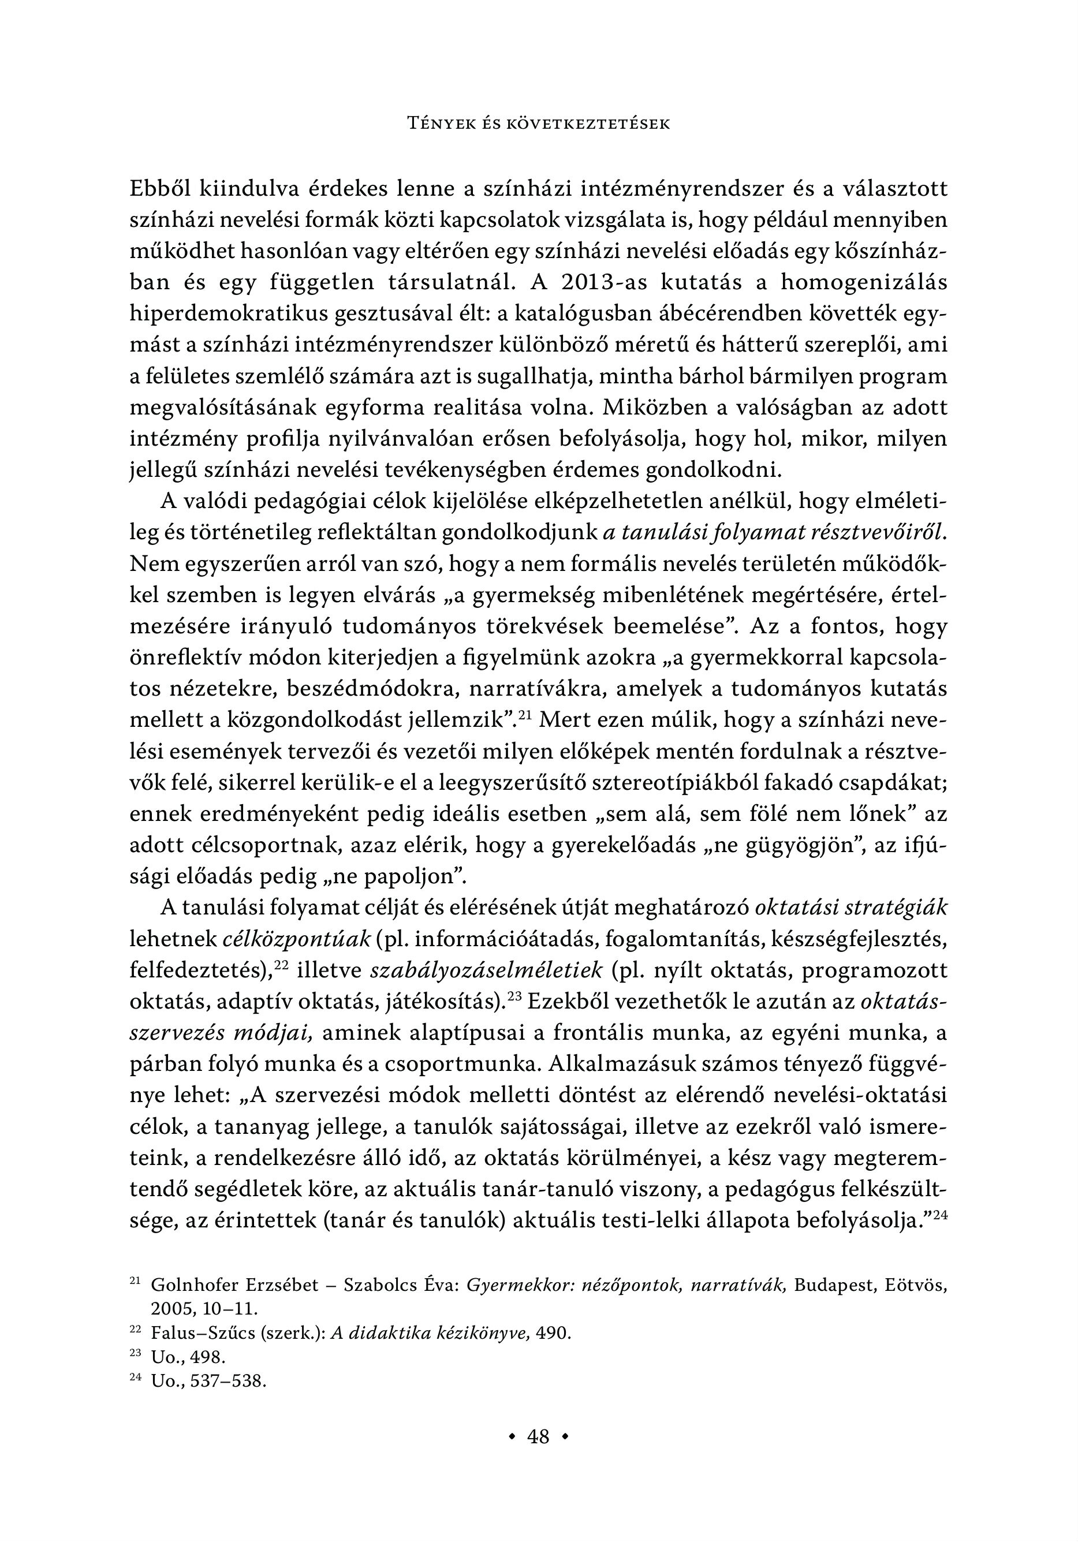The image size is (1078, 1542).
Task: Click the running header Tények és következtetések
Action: pos(539,124)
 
